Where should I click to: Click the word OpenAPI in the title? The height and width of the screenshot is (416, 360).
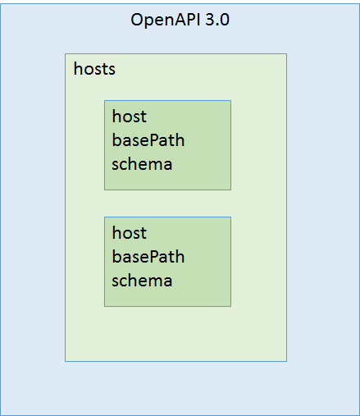166,21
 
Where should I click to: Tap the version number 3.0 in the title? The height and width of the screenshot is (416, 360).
217,20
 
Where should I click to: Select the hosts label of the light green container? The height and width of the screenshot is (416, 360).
94,69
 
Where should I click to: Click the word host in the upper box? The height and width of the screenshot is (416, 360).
130,117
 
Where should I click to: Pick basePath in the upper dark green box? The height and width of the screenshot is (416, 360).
148,140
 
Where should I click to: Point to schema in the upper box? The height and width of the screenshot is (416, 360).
142,164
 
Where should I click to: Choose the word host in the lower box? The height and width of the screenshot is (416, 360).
130,233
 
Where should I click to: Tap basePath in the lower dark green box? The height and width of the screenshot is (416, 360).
148,257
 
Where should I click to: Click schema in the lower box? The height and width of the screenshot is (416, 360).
142,281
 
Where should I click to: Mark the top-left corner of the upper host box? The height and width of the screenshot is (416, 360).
104,101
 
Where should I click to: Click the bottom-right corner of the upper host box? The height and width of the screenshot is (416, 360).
231,190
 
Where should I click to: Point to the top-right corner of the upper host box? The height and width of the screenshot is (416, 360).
231,101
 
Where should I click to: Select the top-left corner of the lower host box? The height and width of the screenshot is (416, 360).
104,217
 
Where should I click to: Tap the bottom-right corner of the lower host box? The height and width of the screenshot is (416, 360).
231,306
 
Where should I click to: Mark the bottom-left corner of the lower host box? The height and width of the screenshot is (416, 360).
104,306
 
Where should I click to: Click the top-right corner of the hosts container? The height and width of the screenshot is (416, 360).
287,54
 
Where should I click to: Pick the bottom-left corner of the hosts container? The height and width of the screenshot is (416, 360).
65,362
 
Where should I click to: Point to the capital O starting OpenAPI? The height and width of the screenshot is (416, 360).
137,20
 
